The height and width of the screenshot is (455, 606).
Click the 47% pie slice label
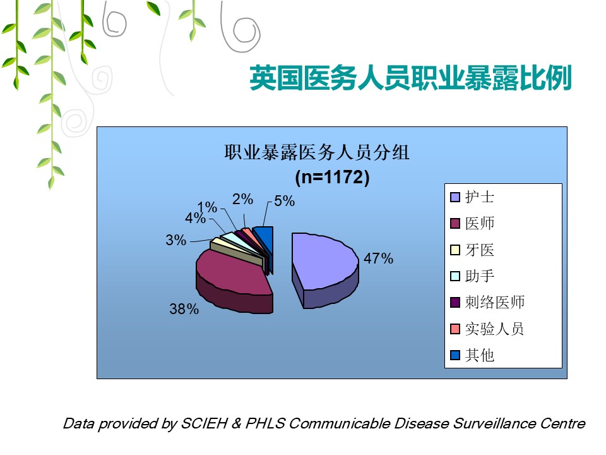378,258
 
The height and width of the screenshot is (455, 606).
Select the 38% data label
184,309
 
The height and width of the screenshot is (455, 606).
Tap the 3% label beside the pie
176,240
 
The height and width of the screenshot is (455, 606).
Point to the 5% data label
285,201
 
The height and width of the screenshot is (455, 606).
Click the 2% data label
242,199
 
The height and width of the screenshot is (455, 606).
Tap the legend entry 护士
472,197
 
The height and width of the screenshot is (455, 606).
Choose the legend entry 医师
472,223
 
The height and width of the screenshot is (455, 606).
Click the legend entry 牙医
472,250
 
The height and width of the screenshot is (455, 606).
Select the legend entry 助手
472,276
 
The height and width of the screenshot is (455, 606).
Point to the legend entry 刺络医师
487,302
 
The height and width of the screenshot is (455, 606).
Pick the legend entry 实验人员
487,329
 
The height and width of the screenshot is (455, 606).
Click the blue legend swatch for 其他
455,355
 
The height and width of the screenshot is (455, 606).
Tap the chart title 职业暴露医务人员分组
317,152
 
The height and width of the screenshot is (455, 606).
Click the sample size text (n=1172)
333,177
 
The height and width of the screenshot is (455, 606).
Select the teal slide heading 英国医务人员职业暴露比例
410,78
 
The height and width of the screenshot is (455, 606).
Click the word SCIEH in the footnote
204,423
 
